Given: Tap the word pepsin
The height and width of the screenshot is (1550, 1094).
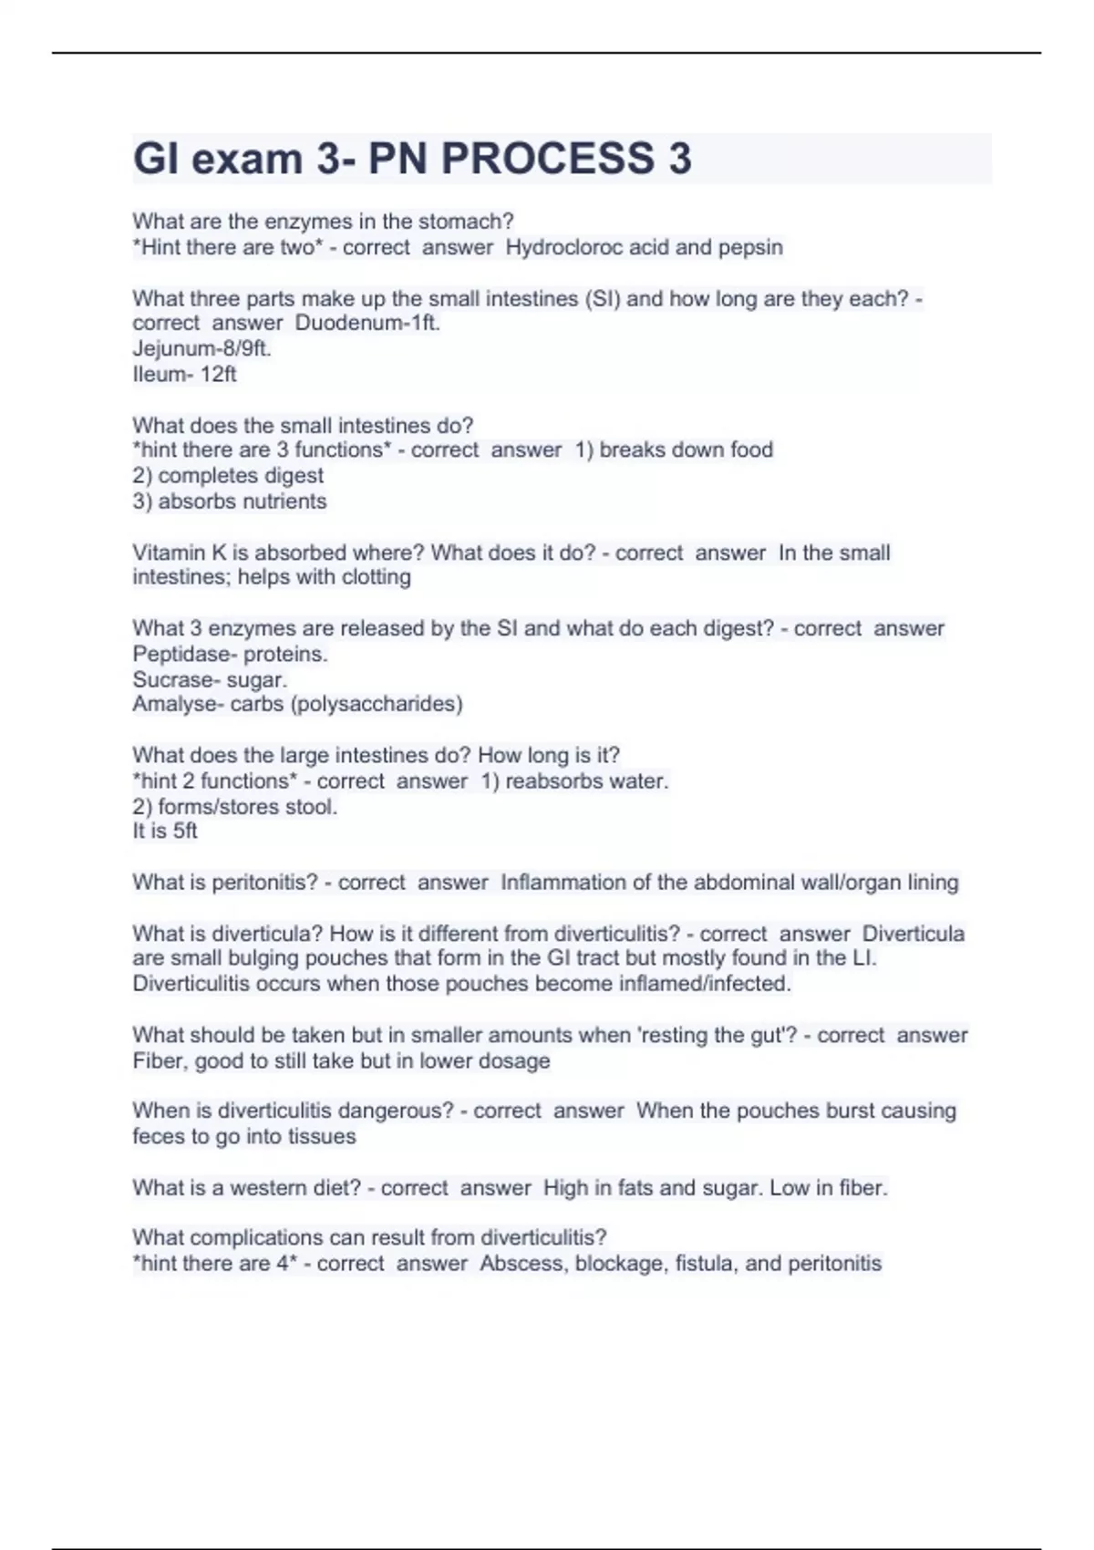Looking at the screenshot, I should pos(750,247).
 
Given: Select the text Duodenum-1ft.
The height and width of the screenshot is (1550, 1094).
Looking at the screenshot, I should pos(367,323).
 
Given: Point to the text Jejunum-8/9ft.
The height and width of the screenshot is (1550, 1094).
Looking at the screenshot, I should pos(201,348).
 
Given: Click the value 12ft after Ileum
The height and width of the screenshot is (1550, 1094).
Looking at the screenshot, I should pos(218,374).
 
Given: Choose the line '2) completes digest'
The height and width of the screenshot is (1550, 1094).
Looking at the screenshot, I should pos(228,475).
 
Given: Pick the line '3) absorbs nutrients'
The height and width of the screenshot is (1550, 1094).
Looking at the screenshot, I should pos(229,501).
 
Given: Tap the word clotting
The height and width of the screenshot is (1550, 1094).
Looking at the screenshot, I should pos(376,577).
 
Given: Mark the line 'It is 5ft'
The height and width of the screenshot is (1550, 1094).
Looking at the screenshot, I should pos(164,831).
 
